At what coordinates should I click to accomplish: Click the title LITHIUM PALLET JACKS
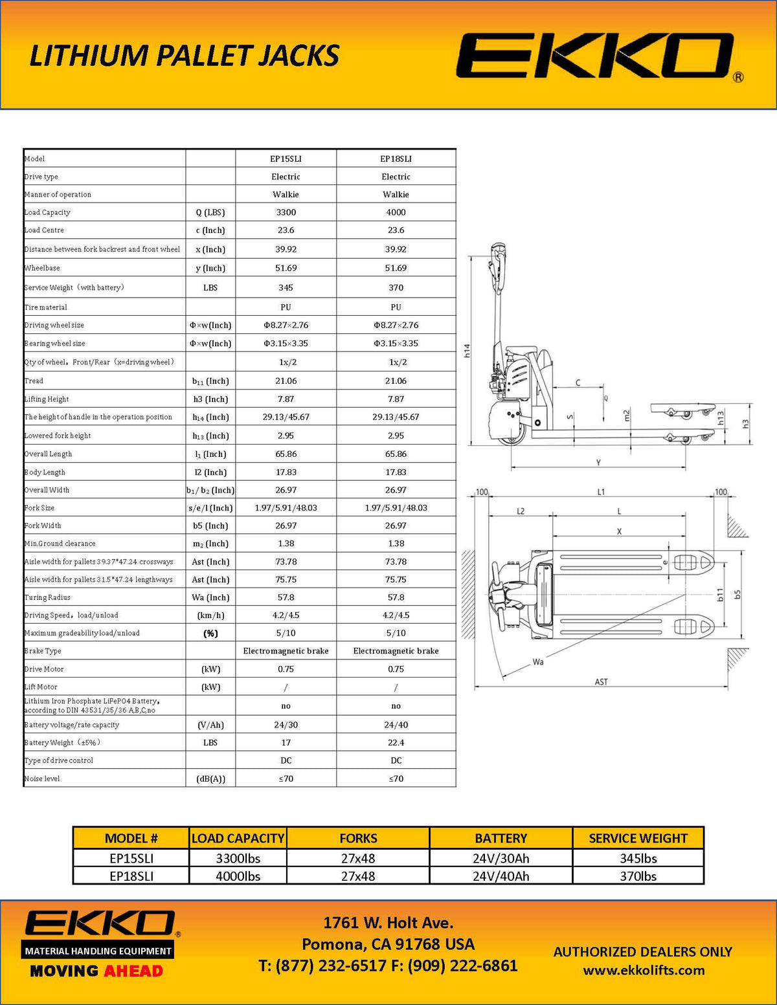coord(185,56)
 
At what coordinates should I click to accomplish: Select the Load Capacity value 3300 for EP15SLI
coord(286,212)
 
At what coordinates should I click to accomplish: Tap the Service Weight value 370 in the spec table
coord(396,287)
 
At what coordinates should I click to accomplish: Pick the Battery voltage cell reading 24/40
coord(396,725)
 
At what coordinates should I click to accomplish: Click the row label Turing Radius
coord(47,597)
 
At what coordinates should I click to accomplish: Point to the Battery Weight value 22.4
coord(396,742)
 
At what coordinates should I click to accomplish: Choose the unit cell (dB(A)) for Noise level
coord(210,779)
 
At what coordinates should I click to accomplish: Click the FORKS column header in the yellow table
coord(358,838)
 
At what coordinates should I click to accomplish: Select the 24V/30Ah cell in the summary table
coord(501,858)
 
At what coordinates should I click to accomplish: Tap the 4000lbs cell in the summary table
coord(238,876)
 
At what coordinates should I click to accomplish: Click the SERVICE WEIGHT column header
coord(638,838)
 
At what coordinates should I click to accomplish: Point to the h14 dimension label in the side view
coord(467,350)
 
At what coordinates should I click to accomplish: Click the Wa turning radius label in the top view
coord(538,661)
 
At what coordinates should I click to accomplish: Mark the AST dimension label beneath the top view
coord(601,681)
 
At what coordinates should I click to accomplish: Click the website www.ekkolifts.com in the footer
coord(644,970)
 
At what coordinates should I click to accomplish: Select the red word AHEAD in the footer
coord(133,971)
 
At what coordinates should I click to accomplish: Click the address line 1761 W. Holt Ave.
coord(388,923)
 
